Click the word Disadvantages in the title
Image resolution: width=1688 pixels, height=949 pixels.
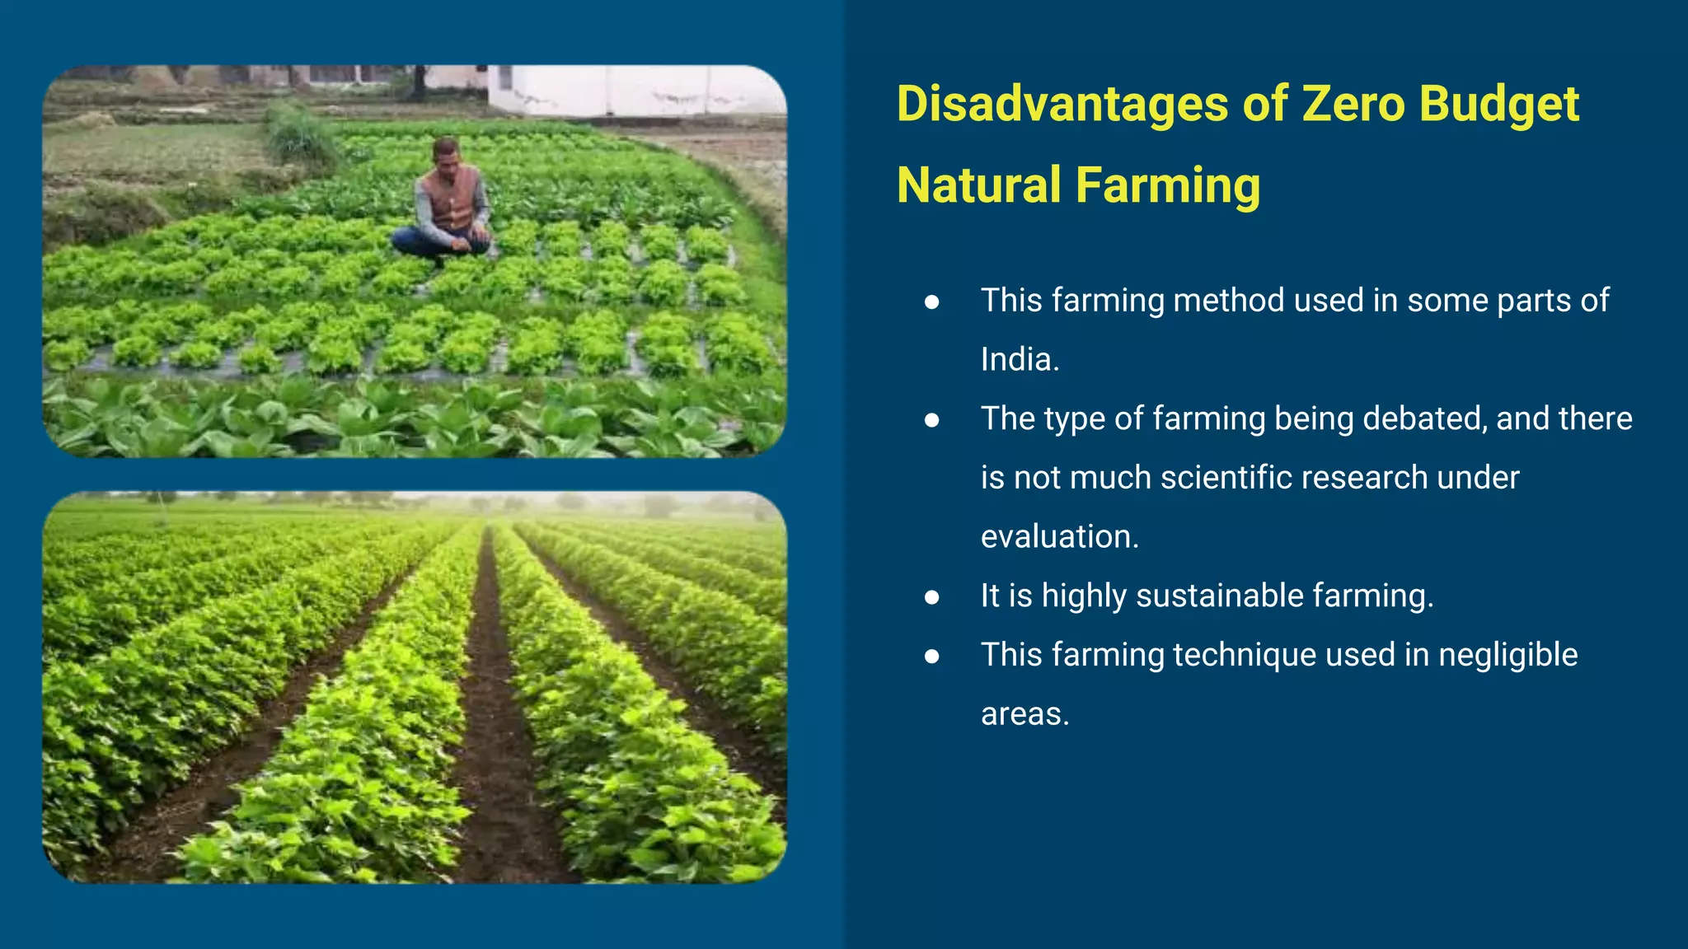pos(1062,105)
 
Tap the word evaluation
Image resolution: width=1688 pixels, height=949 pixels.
pos(1059,537)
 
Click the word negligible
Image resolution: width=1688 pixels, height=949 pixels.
pos(1507,655)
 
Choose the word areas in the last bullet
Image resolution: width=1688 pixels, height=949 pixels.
pos(1025,714)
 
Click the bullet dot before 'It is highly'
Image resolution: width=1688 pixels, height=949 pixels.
pos(932,597)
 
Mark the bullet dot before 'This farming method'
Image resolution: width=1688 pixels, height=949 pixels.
pos(932,302)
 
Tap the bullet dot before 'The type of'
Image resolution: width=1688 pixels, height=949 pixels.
pos(932,420)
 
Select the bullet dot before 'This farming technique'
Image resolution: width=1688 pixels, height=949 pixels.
pos(932,657)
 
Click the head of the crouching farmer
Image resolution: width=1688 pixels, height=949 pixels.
pos(446,152)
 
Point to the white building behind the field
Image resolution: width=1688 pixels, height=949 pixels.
pos(635,91)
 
